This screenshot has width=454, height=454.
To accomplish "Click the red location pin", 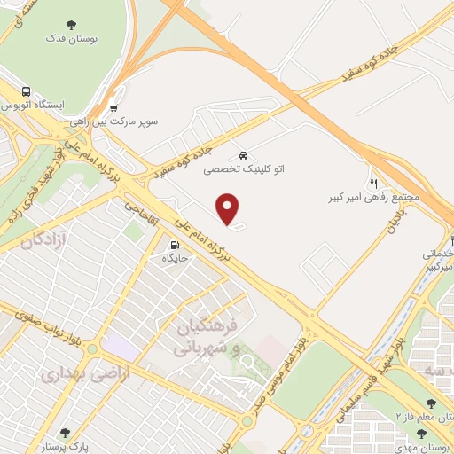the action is coord(229,207).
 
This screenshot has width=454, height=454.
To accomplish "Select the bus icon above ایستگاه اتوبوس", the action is coord(27,90).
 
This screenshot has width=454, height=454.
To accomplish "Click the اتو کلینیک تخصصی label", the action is coord(237,167).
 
